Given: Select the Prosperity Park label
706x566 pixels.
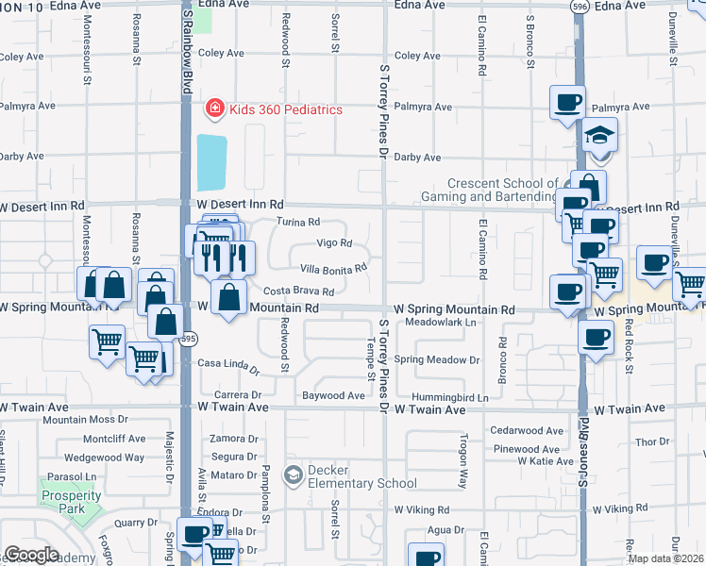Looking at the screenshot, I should [70, 496].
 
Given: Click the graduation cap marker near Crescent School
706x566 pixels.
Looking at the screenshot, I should [599, 138].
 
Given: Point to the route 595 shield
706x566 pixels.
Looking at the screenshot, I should [189, 338].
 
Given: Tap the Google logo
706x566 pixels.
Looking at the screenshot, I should [31, 555].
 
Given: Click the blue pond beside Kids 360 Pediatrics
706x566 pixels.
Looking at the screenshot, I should [212, 162].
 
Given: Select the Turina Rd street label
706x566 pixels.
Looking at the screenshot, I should [299, 223].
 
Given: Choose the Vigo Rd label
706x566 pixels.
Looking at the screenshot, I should [334, 243].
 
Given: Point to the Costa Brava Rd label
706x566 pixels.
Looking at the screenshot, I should [298, 291].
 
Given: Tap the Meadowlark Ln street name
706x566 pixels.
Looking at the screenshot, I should [438, 323].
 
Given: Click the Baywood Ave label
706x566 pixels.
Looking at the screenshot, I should [332, 396].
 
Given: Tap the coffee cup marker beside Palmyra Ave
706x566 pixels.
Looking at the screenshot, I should [567, 102].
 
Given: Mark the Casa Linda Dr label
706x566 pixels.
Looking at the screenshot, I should [227, 364].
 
